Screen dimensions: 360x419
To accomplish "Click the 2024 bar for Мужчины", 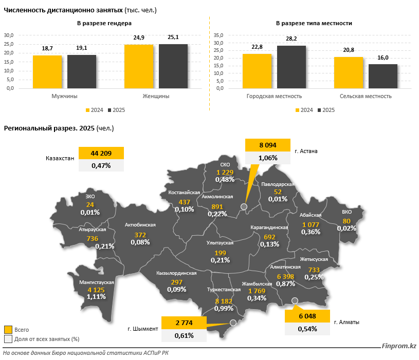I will (47, 71).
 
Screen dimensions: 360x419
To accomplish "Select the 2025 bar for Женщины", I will (173, 66).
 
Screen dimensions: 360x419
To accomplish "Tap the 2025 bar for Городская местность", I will (291, 67).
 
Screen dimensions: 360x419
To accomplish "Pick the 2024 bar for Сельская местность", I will (348, 72).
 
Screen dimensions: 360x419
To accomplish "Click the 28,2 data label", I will (291, 39).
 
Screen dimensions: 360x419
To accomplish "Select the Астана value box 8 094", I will (268, 145).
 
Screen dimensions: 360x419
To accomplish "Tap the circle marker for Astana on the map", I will (244, 207).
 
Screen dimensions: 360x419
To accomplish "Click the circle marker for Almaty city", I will (295, 300).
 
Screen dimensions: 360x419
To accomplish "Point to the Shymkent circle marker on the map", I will (233, 323).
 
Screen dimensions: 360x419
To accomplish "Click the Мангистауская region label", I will (97, 282).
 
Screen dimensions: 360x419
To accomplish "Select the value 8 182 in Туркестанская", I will (225, 301).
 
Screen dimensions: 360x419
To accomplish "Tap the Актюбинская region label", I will (140, 225).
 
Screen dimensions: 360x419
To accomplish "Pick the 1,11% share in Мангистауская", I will (96, 297).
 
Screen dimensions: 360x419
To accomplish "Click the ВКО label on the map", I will (347, 213).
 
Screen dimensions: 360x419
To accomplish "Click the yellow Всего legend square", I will (8, 330).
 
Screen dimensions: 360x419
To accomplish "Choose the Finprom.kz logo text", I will (398, 346).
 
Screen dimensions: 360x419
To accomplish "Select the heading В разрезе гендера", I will (104, 24).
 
